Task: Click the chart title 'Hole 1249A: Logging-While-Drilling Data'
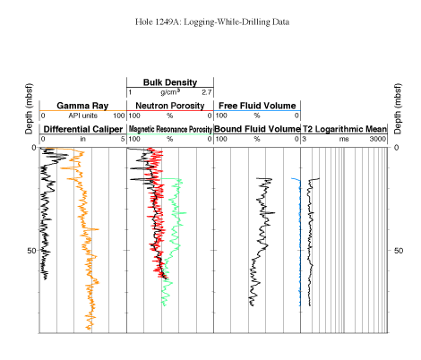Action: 212,22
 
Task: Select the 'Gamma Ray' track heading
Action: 82,106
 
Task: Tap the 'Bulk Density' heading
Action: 170,82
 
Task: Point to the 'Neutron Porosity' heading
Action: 170,106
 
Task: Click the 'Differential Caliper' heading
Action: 83,129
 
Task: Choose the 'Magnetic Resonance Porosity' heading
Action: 170,129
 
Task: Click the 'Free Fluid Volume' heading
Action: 257,106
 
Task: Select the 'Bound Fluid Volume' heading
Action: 257,129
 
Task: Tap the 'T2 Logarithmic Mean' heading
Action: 345,129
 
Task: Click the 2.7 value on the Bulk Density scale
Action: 207,92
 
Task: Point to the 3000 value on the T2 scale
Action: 378,139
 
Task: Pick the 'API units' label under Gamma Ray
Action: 82,116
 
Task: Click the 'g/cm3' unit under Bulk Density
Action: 170,92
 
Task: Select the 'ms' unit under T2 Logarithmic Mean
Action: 344,139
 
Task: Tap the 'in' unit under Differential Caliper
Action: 82,139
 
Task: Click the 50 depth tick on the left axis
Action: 31,251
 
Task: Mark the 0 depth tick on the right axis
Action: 396,148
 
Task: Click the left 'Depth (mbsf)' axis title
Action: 29,109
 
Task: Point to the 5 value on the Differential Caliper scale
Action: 123,139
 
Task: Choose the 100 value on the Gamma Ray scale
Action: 118,116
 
